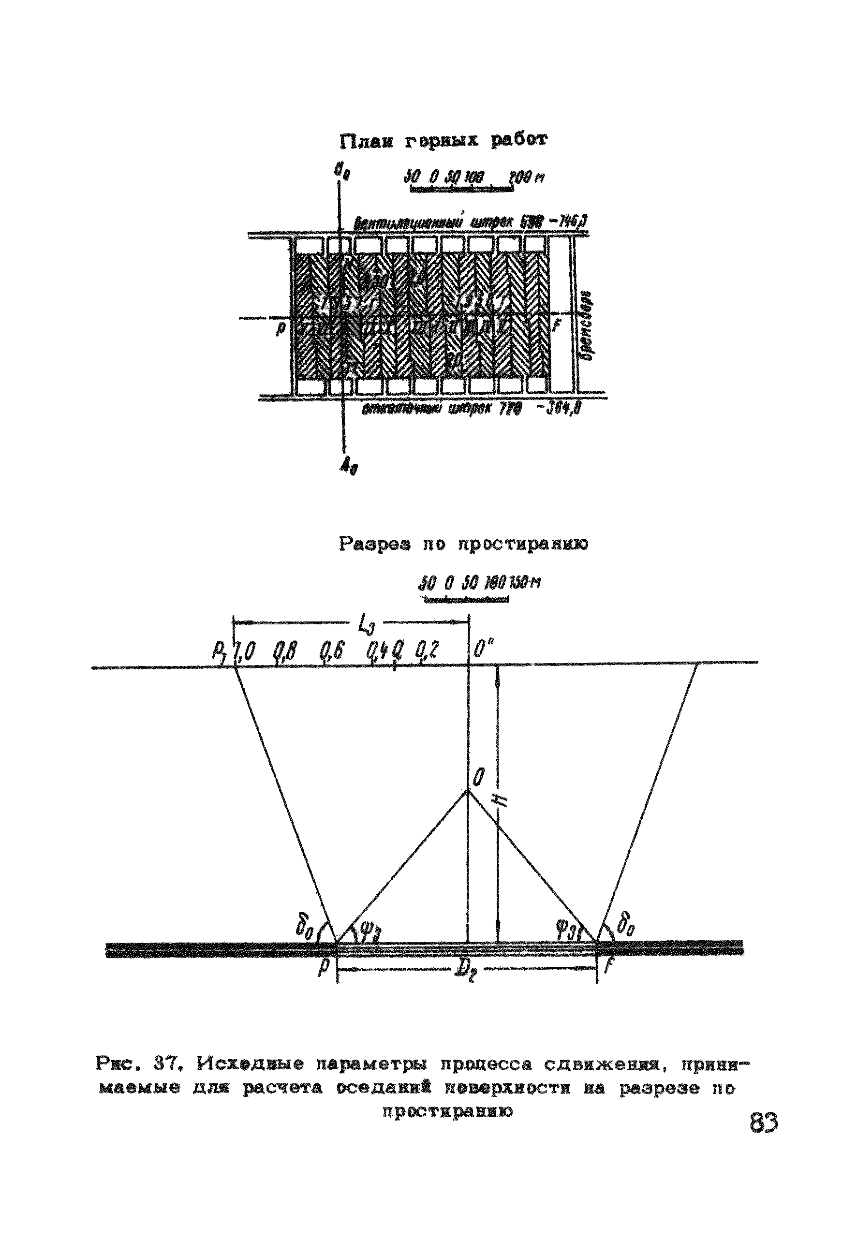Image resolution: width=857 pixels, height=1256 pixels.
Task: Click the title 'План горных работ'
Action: pos(443,141)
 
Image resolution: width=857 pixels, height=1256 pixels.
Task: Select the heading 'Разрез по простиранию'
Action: pos(464,545)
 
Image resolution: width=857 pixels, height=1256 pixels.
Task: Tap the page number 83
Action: pos(764,1123)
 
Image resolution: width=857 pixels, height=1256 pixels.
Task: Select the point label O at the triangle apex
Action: pos(478,779)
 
